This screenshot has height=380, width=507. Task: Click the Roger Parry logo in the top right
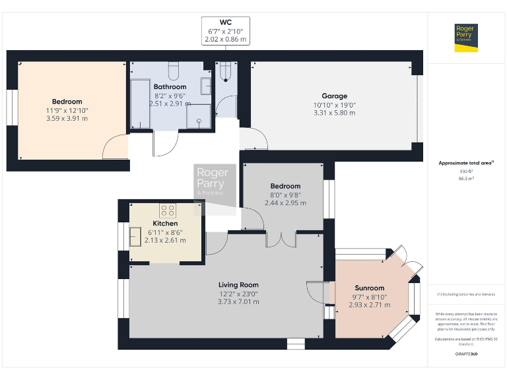point(466,38)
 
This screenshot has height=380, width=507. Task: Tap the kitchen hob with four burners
point(168,211)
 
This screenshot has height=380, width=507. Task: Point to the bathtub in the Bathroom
point(141,104)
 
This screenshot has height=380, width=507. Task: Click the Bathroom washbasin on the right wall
point(206,86)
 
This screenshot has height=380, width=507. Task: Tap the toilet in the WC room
point(226,70)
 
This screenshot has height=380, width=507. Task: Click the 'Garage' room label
point(334,96)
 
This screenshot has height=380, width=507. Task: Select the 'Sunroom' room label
point(369,288)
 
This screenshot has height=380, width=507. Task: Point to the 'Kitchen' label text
point(165,224)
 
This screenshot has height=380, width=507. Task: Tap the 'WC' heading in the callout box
point(226,22)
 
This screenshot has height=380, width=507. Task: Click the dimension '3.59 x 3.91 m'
point(67,119)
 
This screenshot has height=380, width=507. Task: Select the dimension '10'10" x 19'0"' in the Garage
point(334,104)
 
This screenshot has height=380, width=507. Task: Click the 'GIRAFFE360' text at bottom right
point(466,354)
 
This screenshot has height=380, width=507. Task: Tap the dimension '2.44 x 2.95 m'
point(285,203)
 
